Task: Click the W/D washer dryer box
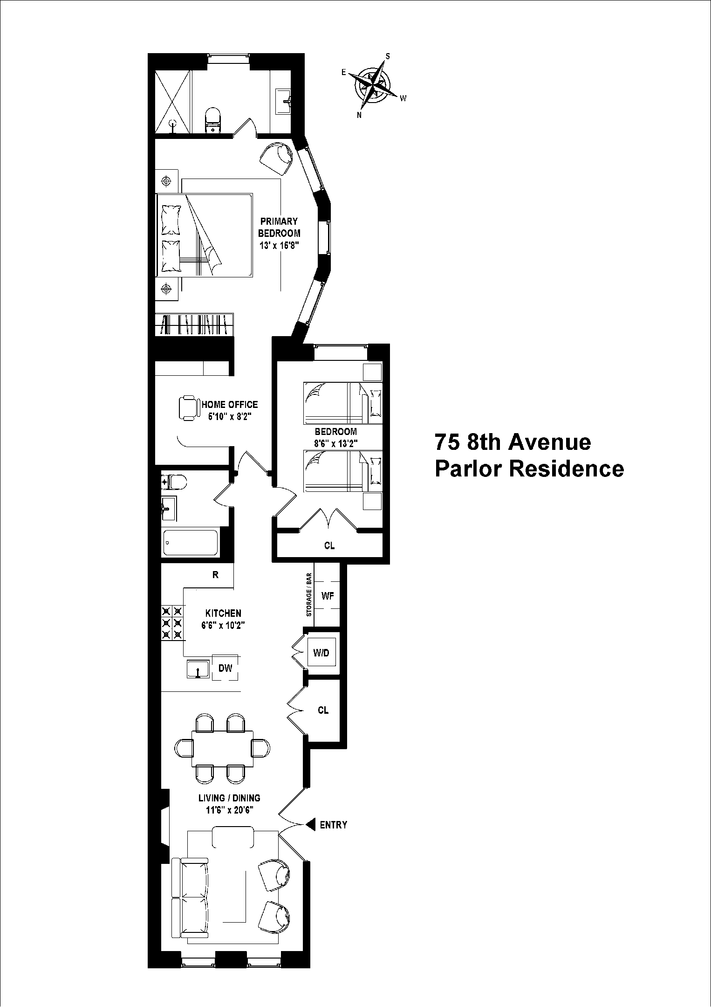coord(321,653)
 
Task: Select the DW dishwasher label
coord(225,668)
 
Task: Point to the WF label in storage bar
coord(328,596)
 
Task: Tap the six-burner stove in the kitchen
coord(172,622)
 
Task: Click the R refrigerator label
coord(215,575)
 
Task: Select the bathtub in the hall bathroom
coord(191,542)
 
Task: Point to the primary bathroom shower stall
coord(172,102)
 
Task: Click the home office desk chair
coord(188,408)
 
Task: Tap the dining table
coord(223,748)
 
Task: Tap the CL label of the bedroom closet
coord(329,545)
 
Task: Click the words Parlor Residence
coord(529,469)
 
